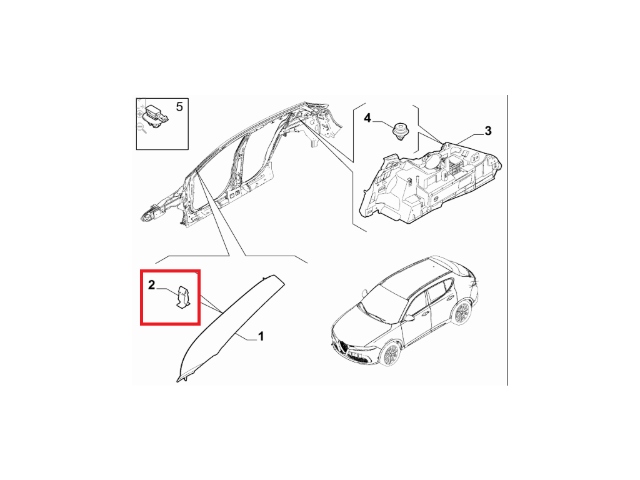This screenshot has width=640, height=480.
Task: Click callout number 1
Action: tap(261, 336)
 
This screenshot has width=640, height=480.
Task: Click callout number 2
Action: tap(151, 285)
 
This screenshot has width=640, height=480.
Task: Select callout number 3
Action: tap(487, 131)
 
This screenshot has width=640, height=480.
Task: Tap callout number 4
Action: tap(367, 118)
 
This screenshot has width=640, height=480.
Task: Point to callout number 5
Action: tap(179, 107)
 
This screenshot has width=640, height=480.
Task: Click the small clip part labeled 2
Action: tap(182, 297)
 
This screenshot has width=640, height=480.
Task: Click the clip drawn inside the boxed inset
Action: tap(156, 116)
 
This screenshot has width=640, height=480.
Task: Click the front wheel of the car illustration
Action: tap(389, 354)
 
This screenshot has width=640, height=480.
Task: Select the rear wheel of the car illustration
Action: tap(461, 312)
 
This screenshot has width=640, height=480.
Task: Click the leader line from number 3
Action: tap(470, 139)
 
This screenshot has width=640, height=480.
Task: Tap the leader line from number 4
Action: tap(383, 123)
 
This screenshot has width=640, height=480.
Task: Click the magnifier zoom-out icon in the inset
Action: tap(142, 129)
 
